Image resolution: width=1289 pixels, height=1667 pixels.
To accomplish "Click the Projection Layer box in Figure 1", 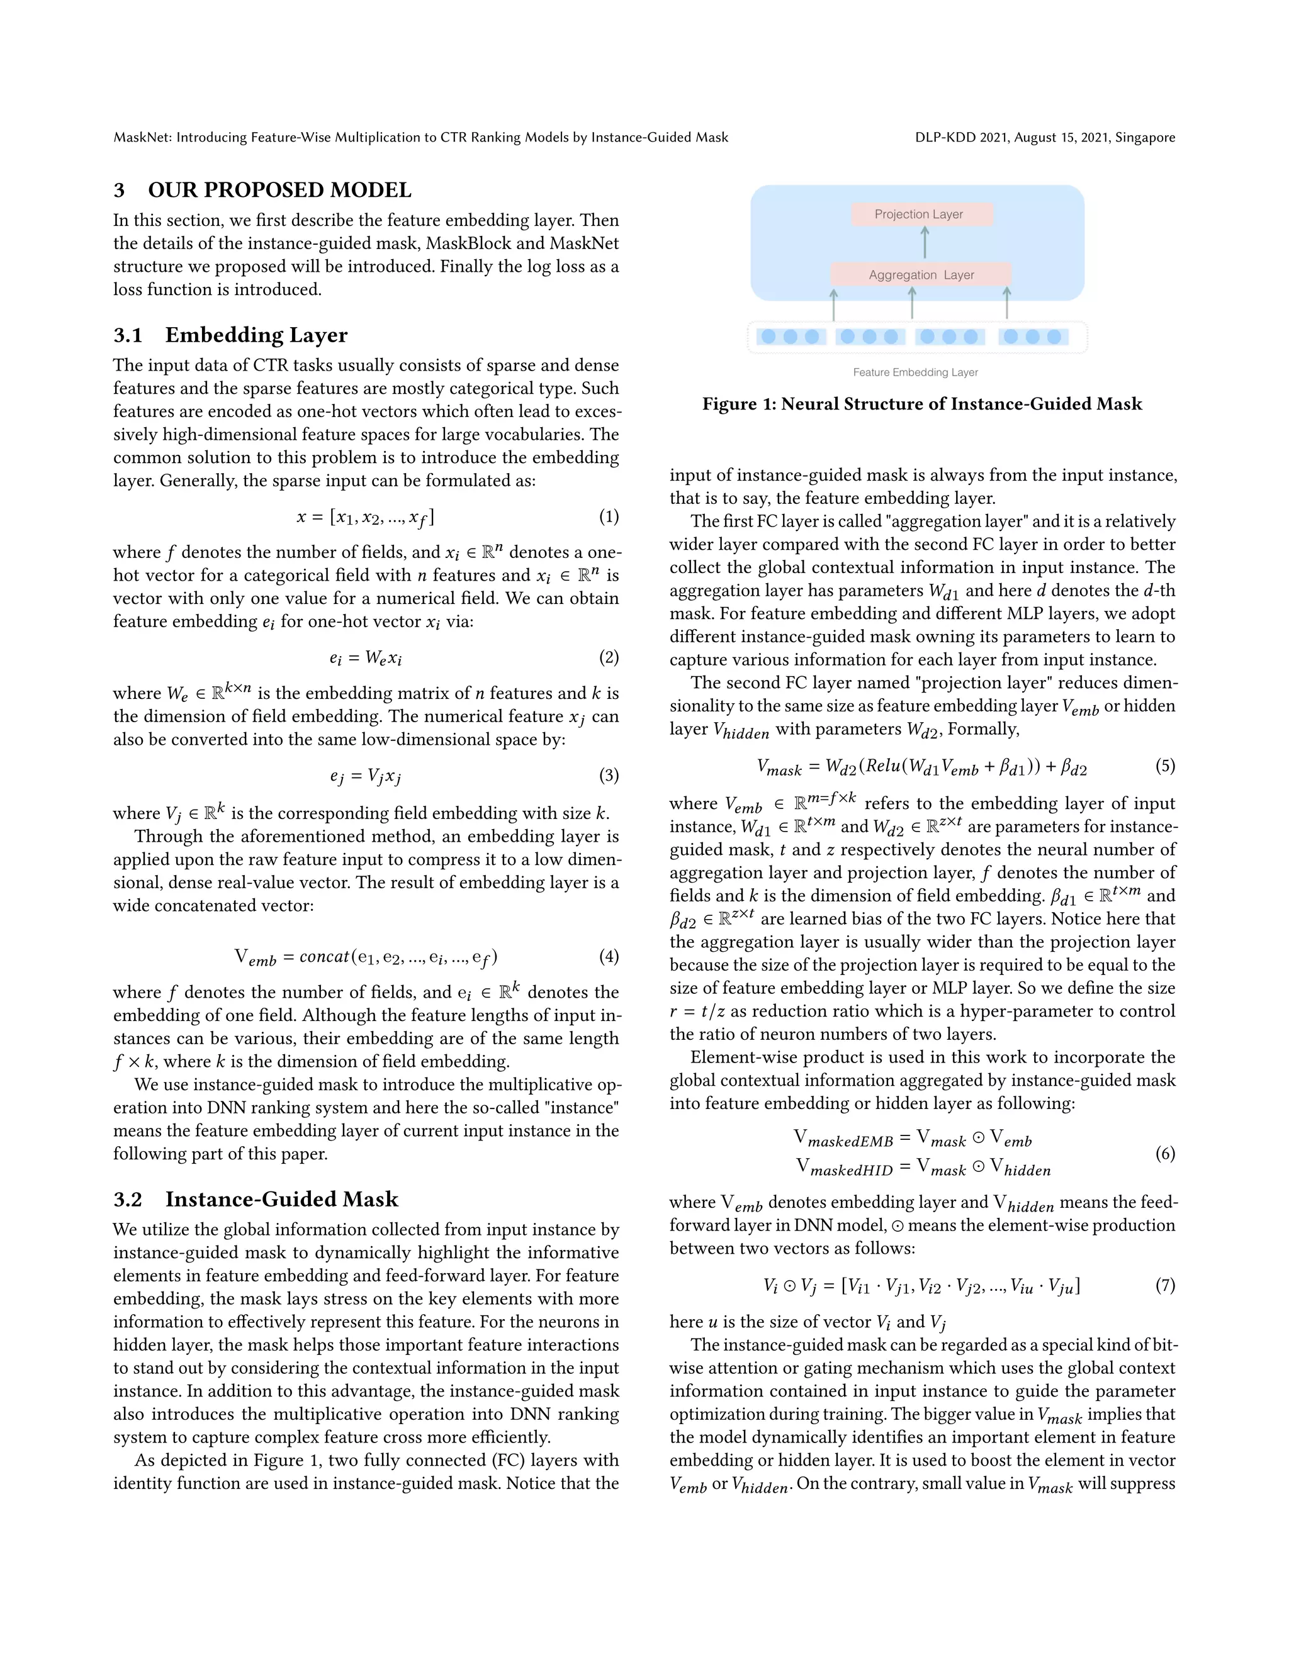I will tap(921, 215).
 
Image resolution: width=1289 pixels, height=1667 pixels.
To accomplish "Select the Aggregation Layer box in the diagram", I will tap(920, 275).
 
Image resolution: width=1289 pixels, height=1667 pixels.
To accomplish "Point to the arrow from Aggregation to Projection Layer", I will tap(925, 243).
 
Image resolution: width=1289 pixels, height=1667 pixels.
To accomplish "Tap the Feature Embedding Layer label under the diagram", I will tap(915, 372).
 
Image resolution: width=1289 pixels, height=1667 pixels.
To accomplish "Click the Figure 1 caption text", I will tap(921, 404).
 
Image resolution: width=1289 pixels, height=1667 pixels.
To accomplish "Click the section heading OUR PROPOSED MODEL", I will tap(279, 190).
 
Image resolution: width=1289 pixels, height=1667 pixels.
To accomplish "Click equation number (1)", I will tap(609, 516).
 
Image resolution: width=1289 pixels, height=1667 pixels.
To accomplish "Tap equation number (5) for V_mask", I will tap(1164, 766).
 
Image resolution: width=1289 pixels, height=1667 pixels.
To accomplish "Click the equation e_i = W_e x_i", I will tap(365, 658).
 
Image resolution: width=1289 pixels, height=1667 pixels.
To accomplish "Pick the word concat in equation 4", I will tap(324, 957).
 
